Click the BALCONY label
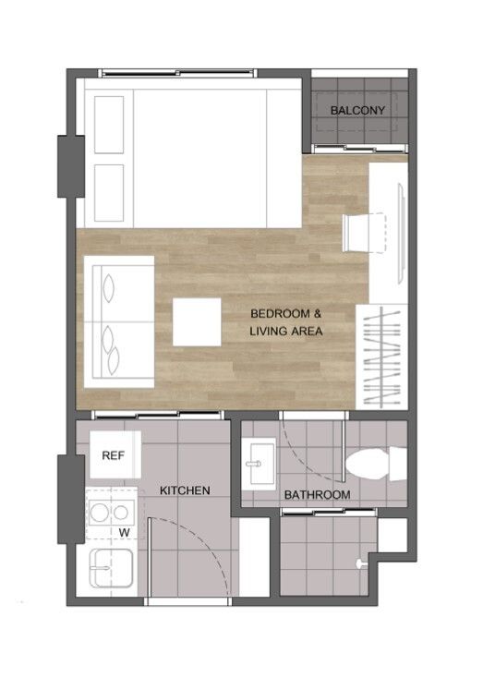(x=357, y=110)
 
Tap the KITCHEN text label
(x=185, y=490)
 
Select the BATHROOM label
(x=318, y=495)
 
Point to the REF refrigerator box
(x=115, y=454)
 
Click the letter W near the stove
(x=125, y=533)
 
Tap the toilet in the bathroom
(x=376, y=465)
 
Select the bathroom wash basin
(x=259, y=465)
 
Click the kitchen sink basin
(x=111, y=568)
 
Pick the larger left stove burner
(x=99, y=513)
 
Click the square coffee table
(x=197, y=322)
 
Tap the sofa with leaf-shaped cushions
(x=119, y=322)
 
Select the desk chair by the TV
(x=364, y=233)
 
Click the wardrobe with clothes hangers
(x=381, y=357)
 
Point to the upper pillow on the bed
(x=109, y=125)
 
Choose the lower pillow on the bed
(x=109, y=193)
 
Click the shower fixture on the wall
(x=360, y=563)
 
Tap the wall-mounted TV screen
(x=402, y=233)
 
